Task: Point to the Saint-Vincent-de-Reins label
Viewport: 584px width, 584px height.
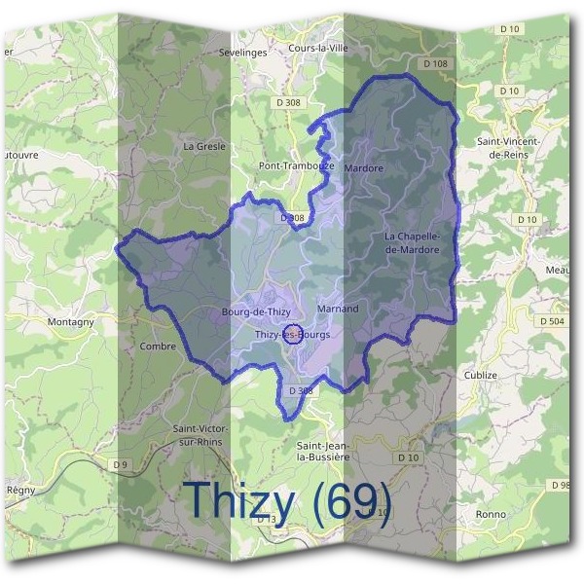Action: click(509, 148)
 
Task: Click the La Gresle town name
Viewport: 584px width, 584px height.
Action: click(204, 146)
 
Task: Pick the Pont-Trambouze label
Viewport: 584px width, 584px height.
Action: click(296, 166)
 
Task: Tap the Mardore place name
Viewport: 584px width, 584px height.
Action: click(364, 168)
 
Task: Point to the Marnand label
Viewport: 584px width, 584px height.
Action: click(338, 309)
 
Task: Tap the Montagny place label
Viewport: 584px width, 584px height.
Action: click(70, 321)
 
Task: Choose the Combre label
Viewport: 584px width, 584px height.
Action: click(158, 346)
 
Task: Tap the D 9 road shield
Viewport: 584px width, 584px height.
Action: click(121, 465)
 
